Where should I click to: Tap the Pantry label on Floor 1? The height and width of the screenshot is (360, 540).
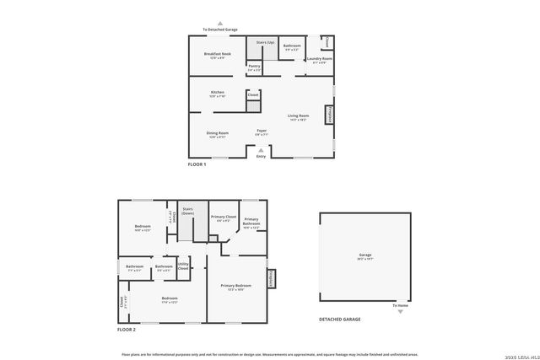[x=254, y=67]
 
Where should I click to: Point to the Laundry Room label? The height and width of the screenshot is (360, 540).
[x=319, y=59]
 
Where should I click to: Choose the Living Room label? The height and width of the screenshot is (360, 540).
[x=298, y=116]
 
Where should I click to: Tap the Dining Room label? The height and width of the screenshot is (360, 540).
[x=218, y=133]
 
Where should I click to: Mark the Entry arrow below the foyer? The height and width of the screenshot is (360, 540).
[x=260, y=151]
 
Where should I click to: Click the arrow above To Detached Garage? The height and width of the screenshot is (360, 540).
[x=220, y=24]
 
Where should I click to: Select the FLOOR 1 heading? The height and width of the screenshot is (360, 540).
[x=197, y=164]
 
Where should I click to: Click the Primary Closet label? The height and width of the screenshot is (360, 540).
[x=224, y=218]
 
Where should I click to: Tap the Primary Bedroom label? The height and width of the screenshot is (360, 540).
[x=237, y=287]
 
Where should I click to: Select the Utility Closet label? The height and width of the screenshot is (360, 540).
[x=183, y=266]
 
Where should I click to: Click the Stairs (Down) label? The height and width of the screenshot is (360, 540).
[x=187, y=212]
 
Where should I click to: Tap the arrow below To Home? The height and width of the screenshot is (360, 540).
[x=400, y=311]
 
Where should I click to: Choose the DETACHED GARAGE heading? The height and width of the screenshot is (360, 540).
[x=340, y=320]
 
